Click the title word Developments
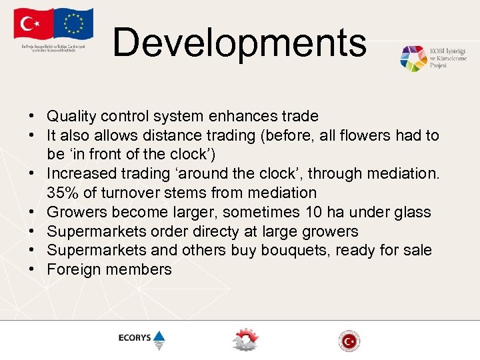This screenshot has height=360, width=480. coord(239,43)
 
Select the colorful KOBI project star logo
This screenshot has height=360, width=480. coord(413,59)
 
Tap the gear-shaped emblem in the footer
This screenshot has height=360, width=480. coord(245,339)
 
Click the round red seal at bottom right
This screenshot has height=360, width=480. coord(349,340)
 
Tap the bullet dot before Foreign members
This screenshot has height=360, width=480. coord(32,270)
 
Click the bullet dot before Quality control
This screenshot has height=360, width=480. coord(32,117)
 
